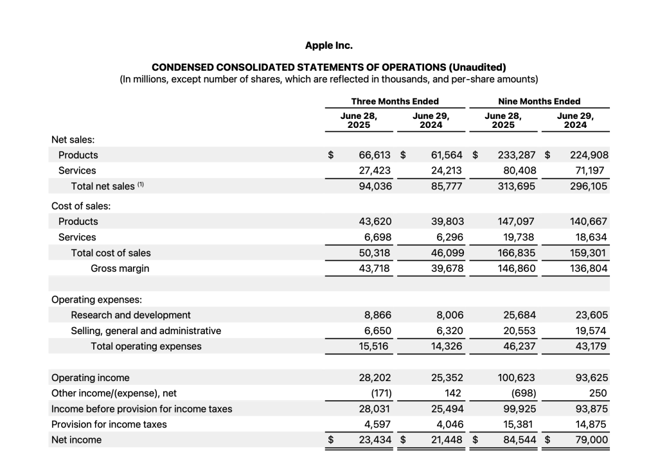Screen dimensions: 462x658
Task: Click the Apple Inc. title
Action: click(x=329, y=46)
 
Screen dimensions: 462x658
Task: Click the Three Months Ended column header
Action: click(x=395, y=101)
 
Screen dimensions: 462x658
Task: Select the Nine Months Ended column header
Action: click(x=538, y=101)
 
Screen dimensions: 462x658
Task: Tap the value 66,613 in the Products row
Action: click(x=375, y=155)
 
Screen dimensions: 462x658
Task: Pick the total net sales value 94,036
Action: click(x=375, y=186)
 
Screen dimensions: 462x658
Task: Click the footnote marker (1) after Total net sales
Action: click(x=141, y=185)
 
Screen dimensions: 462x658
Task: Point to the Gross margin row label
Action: click(x=120, y=268)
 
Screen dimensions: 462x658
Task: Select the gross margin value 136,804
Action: click(x=589, y=268)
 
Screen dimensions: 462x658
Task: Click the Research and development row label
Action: click(x=130, y=315)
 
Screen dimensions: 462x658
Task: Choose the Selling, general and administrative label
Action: click(x=146, y=330)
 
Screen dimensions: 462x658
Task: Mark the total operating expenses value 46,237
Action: click(x=519, y=346)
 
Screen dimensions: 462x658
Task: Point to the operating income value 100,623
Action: click(x=517, y=378)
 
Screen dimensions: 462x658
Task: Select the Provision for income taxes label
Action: click(x=109, y=424)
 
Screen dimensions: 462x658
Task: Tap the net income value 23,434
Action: click(x=375, y=440)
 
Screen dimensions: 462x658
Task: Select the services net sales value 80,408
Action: click(x=519, y=170)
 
